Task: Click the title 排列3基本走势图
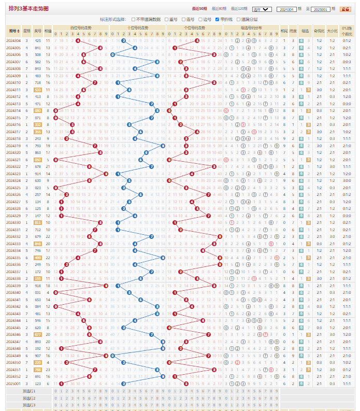pos(29,8)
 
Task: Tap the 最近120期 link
pos(240,9)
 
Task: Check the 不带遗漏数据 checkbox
pos(133,19)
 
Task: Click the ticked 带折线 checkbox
pos(216,19)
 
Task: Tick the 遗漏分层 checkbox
pos(237,19)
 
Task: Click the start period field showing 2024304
pos(287,9)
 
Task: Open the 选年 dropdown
pos(262,9)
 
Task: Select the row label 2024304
pos(13,40)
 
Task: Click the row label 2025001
pos(13,383)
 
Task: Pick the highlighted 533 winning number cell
pos(38,90)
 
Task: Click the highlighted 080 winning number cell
pos(38,110)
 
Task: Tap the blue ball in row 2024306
pos(112,54)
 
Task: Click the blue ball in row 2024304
pos(123,40)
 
